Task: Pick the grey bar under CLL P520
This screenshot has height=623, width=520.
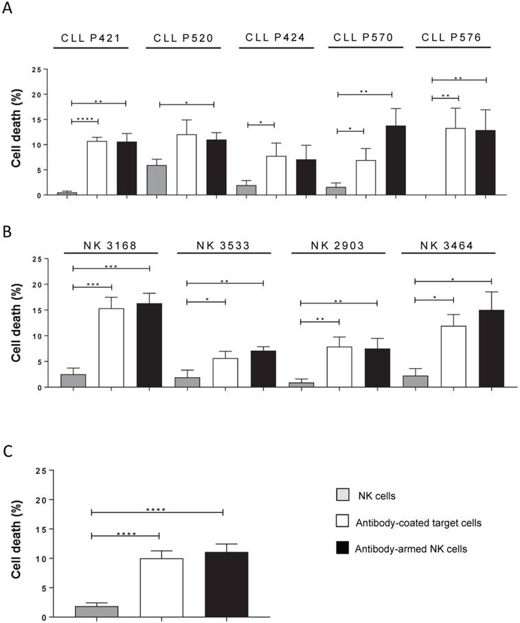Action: (157, 180)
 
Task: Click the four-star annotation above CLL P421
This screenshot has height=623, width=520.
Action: (85, 120)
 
